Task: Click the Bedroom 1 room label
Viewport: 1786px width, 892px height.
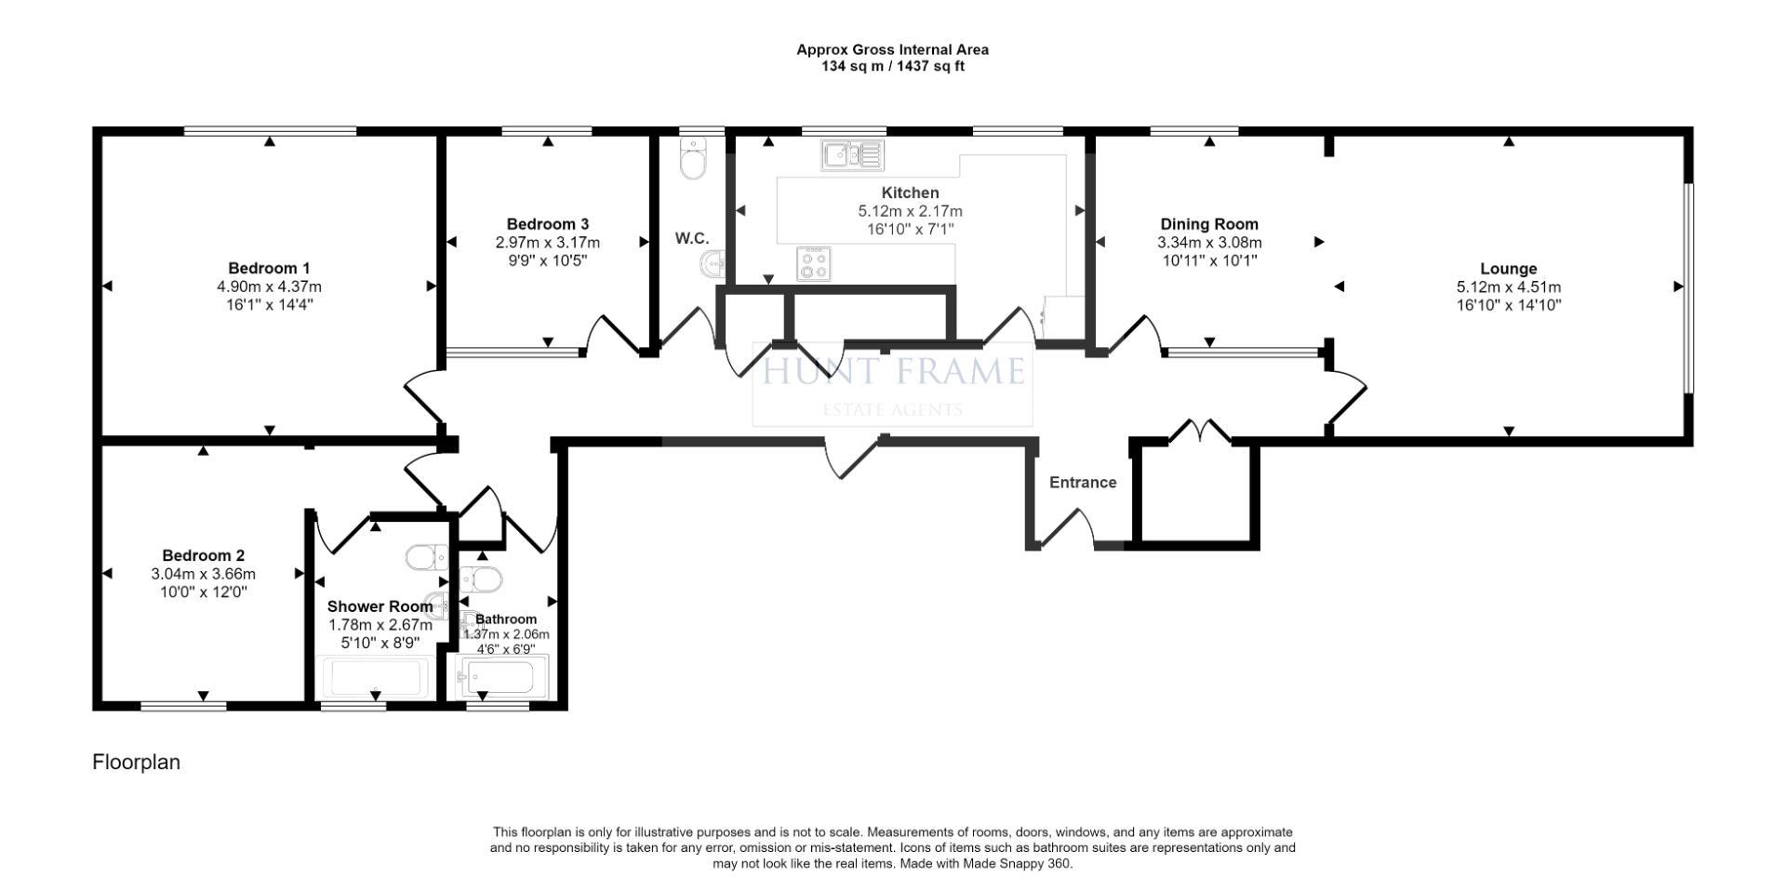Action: click(x=269, y=269)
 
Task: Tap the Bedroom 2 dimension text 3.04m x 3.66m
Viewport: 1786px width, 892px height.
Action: click(x=204, y=574)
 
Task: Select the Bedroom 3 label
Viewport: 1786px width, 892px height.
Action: click(x=548, y=224)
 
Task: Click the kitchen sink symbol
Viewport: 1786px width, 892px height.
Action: click(x=853, y=154)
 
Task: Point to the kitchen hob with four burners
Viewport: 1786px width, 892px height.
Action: click(x=814, y=263)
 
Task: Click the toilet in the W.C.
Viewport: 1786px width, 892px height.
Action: click(x=693, y=158)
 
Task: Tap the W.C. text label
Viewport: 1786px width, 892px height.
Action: click(x=692, y=239)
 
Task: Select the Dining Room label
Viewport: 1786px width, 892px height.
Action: click(x=1209, y=224)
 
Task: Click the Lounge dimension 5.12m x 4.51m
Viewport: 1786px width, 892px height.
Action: click(x=1509, y=287)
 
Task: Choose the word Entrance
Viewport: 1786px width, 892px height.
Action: click(x=1083, y=483)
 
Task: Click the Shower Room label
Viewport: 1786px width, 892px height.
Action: click(x=380, y=607)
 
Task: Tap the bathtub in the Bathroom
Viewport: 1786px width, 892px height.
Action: click(x=500, y=678)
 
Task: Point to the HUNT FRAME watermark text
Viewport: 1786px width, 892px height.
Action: click(x=893, y=372)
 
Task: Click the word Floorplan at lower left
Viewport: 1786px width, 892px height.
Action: click(x=136, y=763)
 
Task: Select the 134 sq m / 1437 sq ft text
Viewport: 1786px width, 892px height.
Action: click(x=893, y=66)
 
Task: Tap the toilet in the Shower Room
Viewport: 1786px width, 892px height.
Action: click(x=427, y=558)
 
